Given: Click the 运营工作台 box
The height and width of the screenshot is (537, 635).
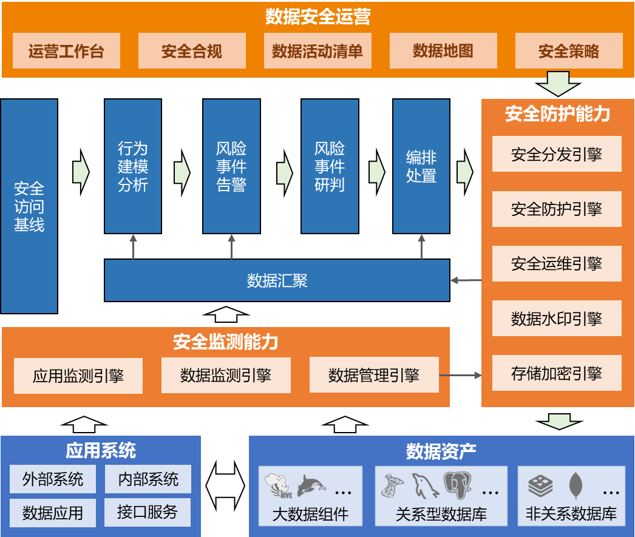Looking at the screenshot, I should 66,51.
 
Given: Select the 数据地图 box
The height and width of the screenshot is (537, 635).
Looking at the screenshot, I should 443,51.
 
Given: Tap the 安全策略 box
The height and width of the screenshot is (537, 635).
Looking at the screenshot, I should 569,51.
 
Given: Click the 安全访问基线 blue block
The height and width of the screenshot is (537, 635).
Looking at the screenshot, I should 29,206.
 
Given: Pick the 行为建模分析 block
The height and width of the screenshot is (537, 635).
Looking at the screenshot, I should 133,166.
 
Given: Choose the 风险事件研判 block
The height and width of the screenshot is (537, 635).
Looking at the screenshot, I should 330,166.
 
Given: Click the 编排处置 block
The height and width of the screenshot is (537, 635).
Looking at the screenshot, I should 421,166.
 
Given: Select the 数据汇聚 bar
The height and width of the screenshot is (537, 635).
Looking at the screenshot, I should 277,280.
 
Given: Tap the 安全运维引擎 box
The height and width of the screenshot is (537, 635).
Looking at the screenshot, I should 557,263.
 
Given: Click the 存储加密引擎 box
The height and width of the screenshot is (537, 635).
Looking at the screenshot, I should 557,373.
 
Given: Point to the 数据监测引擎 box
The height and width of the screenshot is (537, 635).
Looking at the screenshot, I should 226,375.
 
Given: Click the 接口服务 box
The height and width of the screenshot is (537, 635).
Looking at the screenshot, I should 148,512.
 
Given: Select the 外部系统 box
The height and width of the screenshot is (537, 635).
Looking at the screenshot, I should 53,479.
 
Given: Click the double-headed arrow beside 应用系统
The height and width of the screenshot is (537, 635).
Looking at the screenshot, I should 225,486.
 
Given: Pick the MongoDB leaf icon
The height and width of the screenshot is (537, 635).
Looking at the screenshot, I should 575,485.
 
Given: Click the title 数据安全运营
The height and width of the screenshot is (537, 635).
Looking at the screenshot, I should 317,17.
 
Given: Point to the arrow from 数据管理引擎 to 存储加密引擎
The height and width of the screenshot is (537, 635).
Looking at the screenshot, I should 460,376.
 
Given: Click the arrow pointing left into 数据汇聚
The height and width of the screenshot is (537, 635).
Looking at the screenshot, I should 465,280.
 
